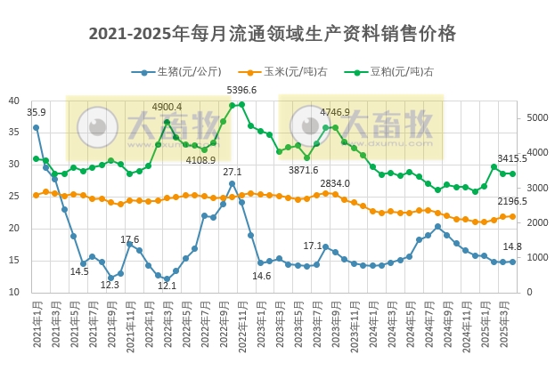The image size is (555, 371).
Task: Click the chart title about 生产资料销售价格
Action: (x=273, y=34)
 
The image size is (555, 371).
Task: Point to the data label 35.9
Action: (x=37, y=112)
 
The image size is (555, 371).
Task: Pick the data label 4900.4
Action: (x=167, y=108)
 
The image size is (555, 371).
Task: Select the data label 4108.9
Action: (x=200, y=160)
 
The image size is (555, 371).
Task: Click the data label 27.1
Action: (x=232, y=172)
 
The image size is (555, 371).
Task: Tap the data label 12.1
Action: (x=167, y=286)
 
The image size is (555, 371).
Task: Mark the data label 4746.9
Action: (x=335, y=113)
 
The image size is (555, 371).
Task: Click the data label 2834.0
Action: (x=335, y=182)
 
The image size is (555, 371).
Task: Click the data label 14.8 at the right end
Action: (x=512, y=246)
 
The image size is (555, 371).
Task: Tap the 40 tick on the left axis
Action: (x=13, y=101)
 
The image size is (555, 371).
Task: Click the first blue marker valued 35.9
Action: (x=37, y=127)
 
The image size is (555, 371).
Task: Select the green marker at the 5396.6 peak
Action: (x=241, y=104)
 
